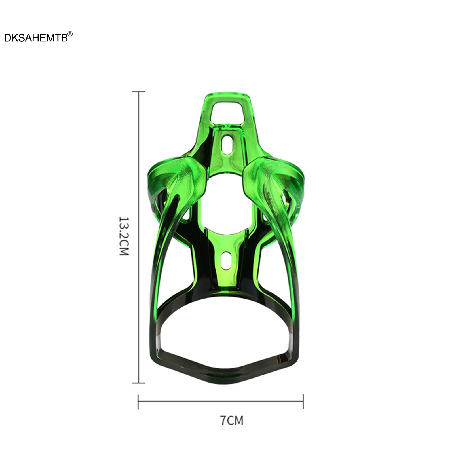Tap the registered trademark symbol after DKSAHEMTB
70,34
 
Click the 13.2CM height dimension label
124,236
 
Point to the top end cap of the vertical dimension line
139,92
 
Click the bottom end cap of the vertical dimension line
139,383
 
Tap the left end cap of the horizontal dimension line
138,402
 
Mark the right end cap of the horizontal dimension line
303,402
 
